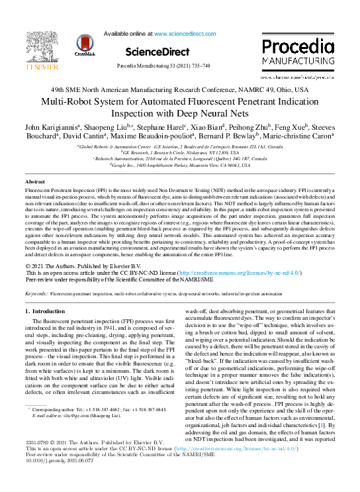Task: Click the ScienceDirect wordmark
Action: [156, 51]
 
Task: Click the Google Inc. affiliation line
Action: [181, 166]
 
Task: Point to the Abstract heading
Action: [35, 181]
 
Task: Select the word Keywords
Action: [36, 292]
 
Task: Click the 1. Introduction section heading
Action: [44, 311]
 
